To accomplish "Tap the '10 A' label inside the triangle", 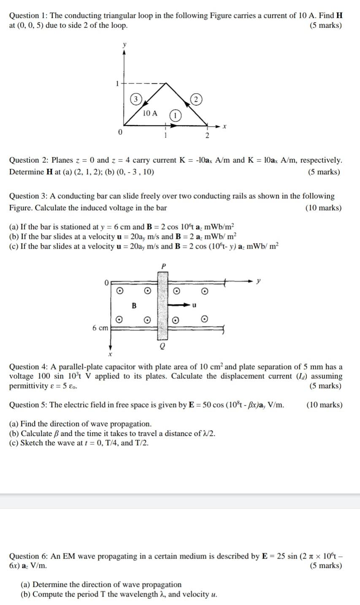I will [x=150, y=113].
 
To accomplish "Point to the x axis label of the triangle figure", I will [x=225, y=126].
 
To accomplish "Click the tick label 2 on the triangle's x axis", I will [x=207, y=136].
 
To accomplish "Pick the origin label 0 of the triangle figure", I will [x=120, y=133].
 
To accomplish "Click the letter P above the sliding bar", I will [x=163, y=265].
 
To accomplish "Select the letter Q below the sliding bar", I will [x=162, y=346].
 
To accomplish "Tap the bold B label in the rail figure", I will [x=134, y=305].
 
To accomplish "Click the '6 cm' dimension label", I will [x=100, y=328].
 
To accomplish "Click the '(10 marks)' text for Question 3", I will [x=323, y=208].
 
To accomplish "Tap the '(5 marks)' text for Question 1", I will [x=325, y=25].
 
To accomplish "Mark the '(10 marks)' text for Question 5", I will [x=324, y=405].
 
